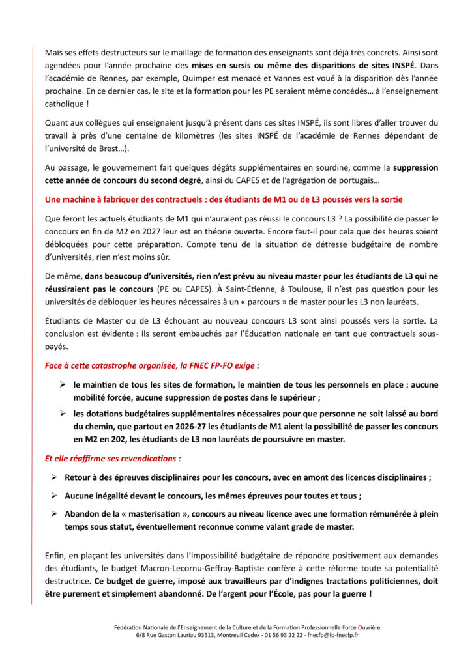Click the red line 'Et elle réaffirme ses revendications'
pyautogui.click(x=113, y=459)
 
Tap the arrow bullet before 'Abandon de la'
pyautogui.click(x=54, y=514)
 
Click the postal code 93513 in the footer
pyautogui.click(x=196, y=634)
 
